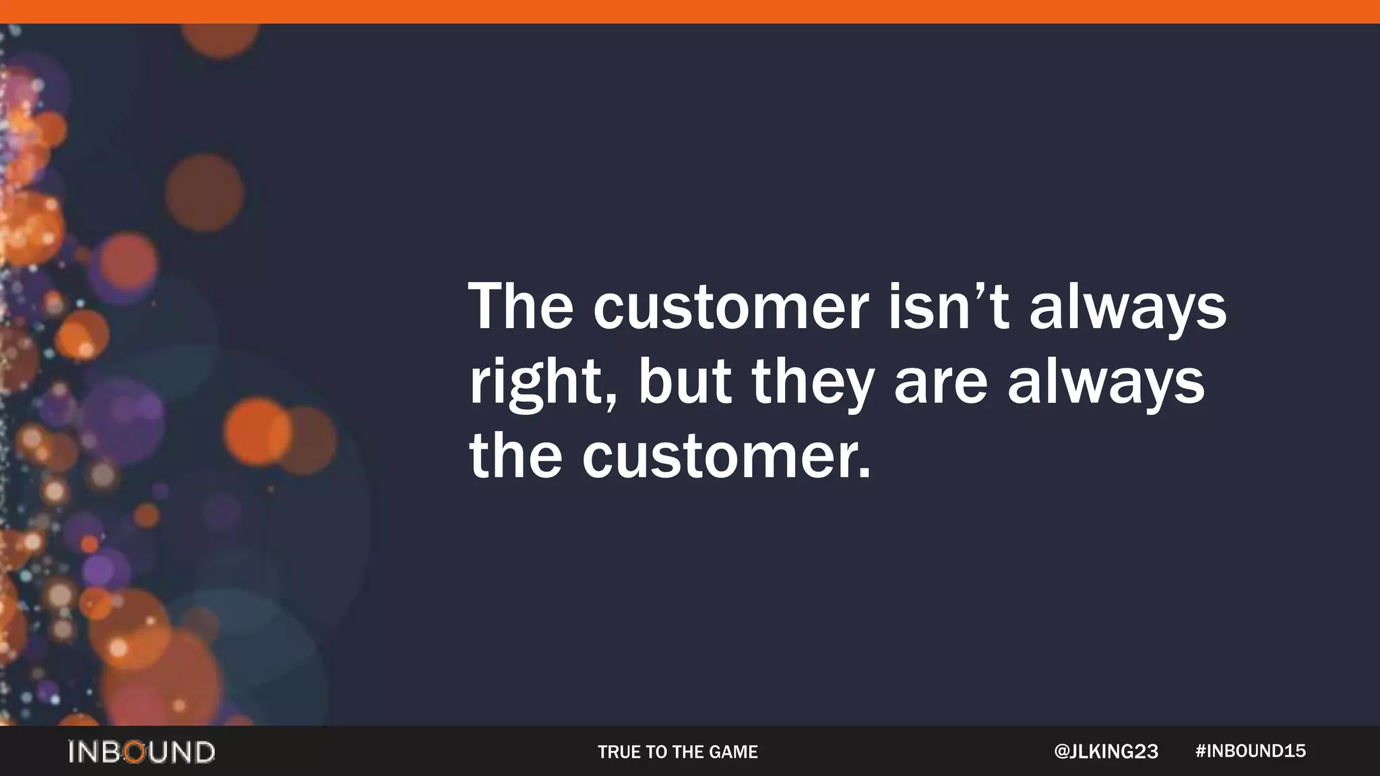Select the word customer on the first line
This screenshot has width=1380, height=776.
[x=730, y=310]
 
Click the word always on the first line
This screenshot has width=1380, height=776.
[x=1127, y=310]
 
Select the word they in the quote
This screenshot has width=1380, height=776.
[x=813, y=383]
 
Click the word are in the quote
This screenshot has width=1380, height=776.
[x=940, y=385]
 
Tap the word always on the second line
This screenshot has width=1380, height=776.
[x=1106, y=383]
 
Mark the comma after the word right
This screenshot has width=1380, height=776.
[x=610, y=403]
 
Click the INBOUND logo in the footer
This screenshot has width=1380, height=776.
[x=142, y=752]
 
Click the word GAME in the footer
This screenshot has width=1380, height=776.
[x=734, y=752]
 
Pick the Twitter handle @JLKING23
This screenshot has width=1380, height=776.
[x=1106, y=752]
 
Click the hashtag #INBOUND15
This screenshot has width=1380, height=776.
[x=1251, y=751]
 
